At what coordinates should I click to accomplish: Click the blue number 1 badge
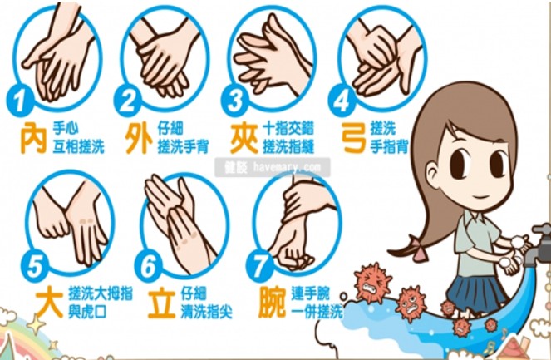coord(20,100)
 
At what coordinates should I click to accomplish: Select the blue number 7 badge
coord(259,266)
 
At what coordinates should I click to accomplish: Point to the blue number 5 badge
coord(34,265)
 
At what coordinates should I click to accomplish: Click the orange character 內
coord(33,138)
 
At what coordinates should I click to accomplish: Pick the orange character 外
coord(139,138)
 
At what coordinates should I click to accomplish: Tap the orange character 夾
coord(244,138)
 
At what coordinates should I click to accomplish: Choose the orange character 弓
coord(354,138)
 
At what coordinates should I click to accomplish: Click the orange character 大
coord(50,302)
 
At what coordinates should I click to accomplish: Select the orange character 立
coord(162,303)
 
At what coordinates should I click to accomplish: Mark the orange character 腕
coord(273,303)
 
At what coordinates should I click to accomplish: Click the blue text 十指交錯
coord(288,128)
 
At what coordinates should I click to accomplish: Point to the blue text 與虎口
coord(87,312)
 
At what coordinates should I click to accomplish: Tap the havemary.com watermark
coord(273,167)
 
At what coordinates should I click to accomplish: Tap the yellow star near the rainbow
coord(36,323)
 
